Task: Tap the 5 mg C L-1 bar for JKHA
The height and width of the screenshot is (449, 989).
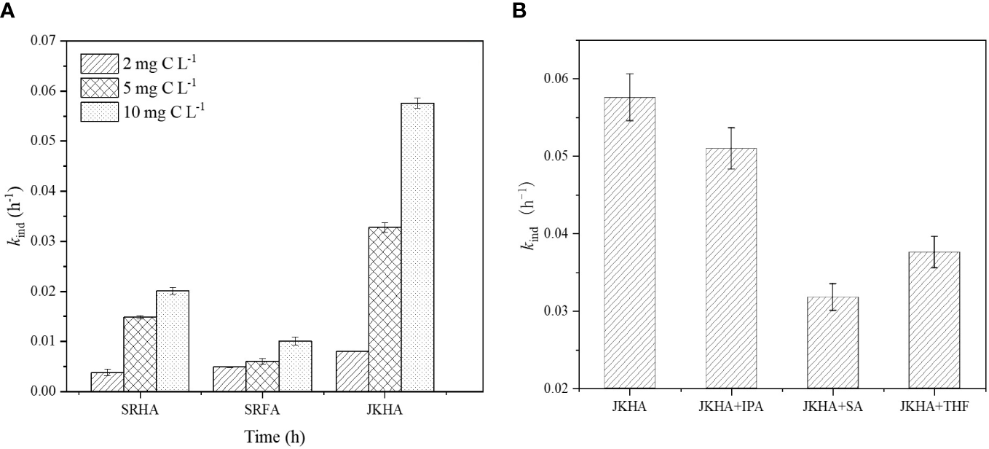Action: pos(385,309)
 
